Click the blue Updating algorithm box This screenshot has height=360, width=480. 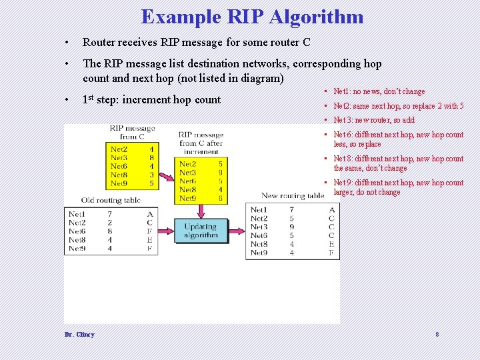(x=200, y=231)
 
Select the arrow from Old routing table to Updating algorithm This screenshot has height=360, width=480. (x=166, y=231)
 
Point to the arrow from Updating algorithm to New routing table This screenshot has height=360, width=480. (x=236, y=231)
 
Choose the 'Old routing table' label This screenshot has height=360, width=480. (x=111, y=200)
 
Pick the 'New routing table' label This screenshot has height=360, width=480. (x=292, y=195)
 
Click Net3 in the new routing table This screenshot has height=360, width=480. (x=259, y=227)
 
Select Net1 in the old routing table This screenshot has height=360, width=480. (x=77, y=214)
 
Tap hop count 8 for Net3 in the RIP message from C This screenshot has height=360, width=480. (x=152, y=158)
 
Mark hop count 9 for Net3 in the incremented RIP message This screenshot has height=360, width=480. (x=220, y=172)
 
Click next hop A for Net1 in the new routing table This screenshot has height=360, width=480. (x=331, y=210)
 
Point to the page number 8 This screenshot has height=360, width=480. (x=437, y=335)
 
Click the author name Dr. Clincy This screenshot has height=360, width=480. (x=79, y=335)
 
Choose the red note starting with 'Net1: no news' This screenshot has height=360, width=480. (x=379, y=91)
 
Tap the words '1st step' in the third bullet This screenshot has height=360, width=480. (x=100, y=100)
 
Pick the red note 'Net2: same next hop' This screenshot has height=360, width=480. (x=398, y=106)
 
